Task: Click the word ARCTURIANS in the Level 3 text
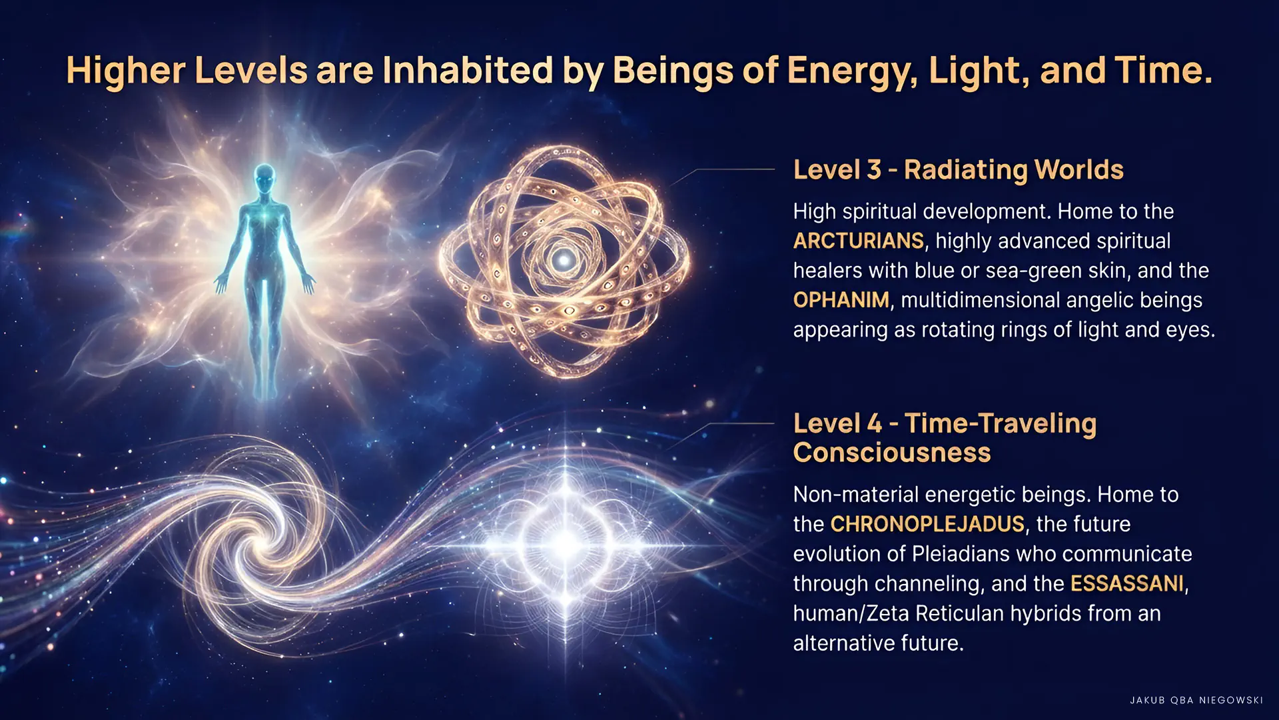tap(858, 241)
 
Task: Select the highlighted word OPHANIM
tap(841, 300)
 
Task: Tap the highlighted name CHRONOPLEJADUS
tap(927, 524)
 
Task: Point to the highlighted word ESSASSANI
tap(1127, 583)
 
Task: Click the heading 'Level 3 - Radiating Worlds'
tap(958, 170)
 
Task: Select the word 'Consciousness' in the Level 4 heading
tap(892, 453)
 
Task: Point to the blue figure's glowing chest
tap(265, 217)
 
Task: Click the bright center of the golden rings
tap(565, 259)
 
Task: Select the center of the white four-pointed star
tap(566, 541)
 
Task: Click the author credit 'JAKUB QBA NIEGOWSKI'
tap(1196, 700)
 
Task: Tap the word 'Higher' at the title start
tap(125, 71)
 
